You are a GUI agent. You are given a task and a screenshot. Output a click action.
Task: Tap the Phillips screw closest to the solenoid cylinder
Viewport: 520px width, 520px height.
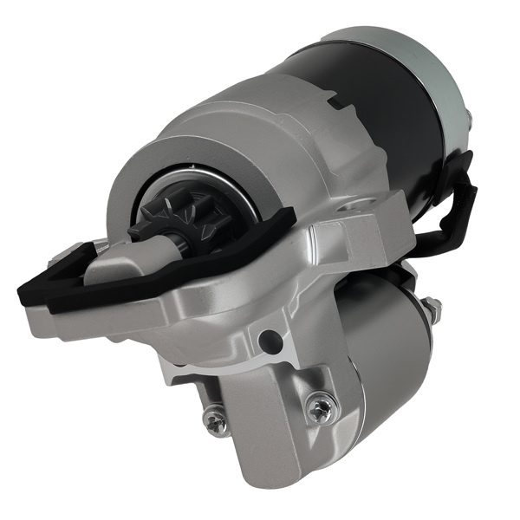coord(321,407)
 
